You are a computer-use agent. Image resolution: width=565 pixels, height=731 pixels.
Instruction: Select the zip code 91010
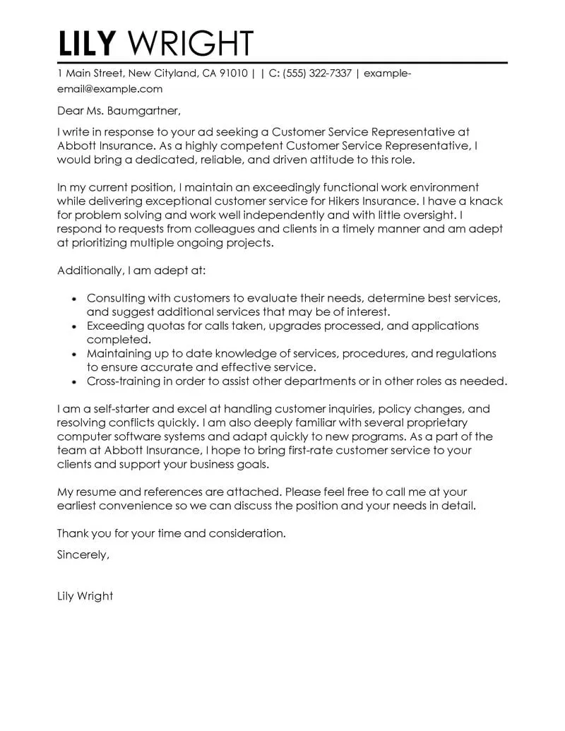[x=232, y=73]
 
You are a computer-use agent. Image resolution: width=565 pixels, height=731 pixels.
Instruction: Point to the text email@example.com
[x=109, y=89]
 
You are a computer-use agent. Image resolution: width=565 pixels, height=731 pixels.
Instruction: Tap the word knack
[x=485, y=201]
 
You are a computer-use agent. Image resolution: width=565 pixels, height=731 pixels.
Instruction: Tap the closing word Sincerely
[x=83, y=554]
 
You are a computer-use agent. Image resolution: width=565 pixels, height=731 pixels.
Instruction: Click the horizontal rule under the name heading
[x=282, y=63]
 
